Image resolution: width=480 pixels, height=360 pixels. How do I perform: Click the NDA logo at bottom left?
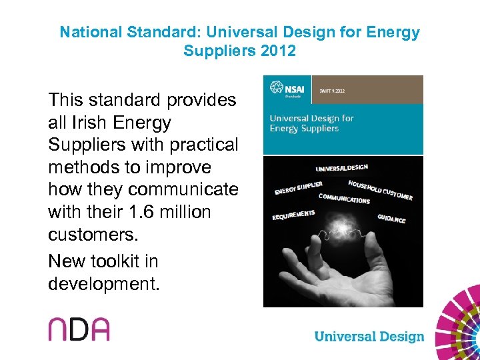click(x=78, y=329)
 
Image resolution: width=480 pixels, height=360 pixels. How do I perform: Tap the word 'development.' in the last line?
click(x=104, y=283)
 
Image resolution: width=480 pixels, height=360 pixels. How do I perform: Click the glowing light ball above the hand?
click(x=343, y=237)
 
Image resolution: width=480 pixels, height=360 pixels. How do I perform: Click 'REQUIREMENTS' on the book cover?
click(x=293, y=215)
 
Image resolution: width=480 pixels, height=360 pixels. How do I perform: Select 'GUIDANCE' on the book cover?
click(x=391, y=218)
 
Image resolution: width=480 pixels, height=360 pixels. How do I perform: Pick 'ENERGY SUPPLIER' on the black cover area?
click(x=299, y=189)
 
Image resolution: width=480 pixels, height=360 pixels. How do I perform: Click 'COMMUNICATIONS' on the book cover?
click(x=344, y=199)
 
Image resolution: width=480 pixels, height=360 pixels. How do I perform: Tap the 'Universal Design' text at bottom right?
click(x=369, y=336)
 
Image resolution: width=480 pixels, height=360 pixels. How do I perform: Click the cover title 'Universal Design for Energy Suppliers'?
click(x=311, y=123)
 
